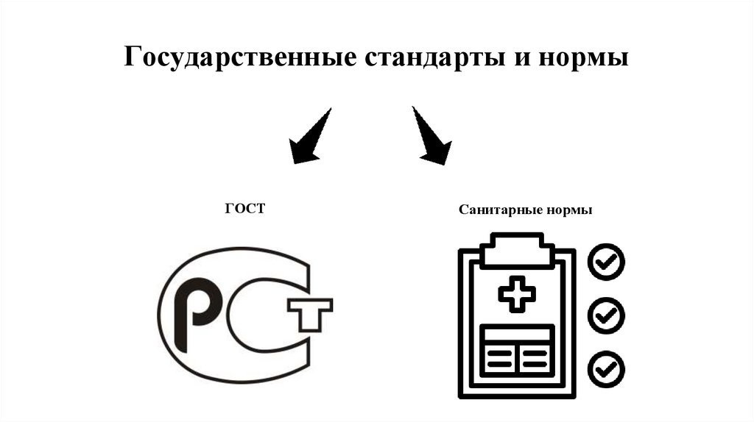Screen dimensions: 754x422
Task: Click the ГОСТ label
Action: [244, 210]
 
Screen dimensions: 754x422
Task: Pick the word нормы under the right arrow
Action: [569, 210]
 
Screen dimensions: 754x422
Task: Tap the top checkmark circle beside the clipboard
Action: [606, 260]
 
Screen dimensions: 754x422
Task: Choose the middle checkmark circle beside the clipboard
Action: [606, 315]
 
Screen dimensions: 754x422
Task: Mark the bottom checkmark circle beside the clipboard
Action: [606, 368]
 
